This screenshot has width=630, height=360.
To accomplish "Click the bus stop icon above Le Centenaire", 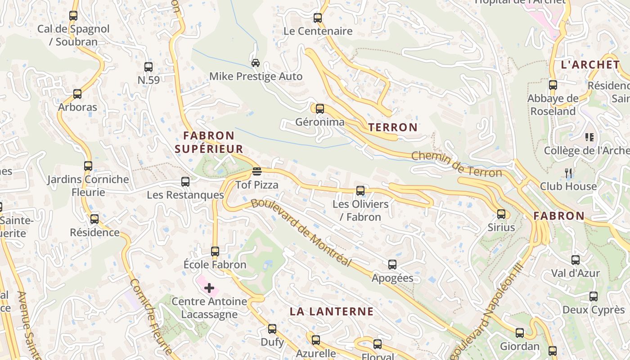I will point(318,18).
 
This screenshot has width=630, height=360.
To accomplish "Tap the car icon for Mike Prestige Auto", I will point(256,63).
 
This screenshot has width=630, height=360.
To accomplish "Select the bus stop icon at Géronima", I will point(320,108).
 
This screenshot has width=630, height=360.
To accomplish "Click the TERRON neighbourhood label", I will point(393,127).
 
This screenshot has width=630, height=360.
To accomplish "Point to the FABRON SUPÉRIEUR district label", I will point(209,142).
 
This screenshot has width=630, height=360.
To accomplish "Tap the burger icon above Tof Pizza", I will point(257,171).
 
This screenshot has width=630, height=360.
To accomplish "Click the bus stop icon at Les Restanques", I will point(185,182).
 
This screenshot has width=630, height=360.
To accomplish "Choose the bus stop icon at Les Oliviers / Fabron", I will point(360,190).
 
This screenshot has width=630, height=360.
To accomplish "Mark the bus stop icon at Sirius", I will point(501,214).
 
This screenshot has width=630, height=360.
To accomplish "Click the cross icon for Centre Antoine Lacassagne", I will point(209,288).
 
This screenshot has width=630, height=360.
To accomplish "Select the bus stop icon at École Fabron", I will point(215,251).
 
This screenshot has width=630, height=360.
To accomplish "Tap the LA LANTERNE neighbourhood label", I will point(332,311).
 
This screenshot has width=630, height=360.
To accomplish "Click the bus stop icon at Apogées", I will point(392,265).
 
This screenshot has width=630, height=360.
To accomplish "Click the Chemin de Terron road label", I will point(456,164).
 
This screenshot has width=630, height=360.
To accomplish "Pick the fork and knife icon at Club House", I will point(569,173).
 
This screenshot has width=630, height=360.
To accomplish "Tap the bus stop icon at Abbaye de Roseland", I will point(553,85).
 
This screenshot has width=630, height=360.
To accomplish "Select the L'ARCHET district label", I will point(590,64).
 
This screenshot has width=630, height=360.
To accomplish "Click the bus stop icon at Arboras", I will point(77,94).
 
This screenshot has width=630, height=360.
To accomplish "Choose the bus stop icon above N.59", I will point(148,67).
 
